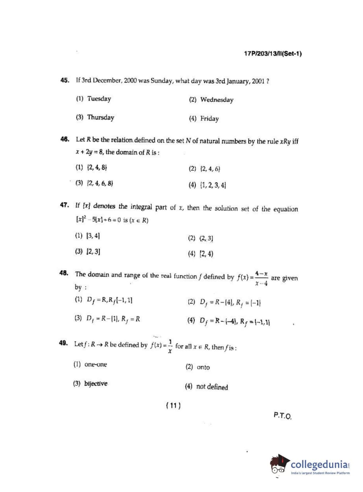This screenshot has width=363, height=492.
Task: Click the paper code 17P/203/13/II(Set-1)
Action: (273, 54)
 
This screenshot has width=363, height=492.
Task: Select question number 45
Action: (65, 80)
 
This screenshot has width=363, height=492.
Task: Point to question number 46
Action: (65, 139)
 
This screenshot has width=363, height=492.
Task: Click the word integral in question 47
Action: (141, 207)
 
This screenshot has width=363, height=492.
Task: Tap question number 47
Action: (64, 205)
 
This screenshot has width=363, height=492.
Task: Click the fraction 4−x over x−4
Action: (261, 278)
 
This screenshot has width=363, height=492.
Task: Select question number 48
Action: (64, 273)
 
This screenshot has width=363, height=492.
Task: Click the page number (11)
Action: (173, 406)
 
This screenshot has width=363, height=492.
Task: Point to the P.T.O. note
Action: (282, 415)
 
